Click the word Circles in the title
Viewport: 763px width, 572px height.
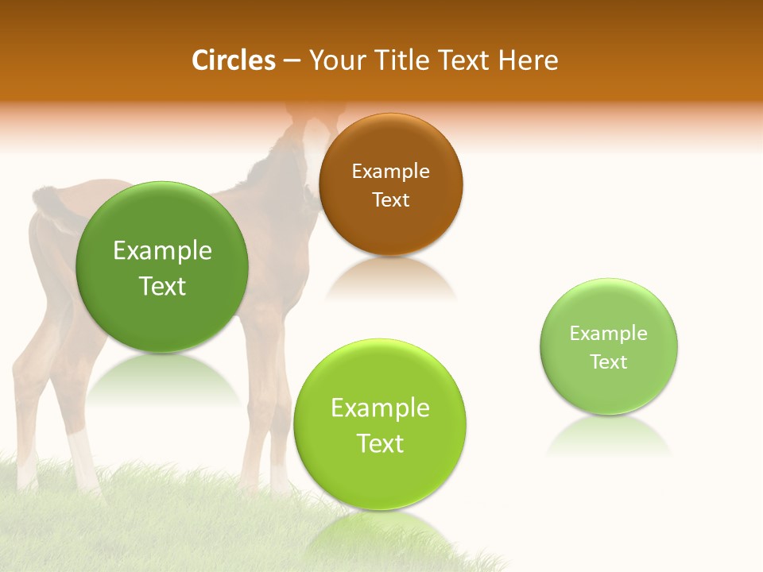coord(234,60)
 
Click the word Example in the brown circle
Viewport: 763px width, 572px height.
coord(390,171)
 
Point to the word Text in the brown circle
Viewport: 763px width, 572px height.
coord(390,199)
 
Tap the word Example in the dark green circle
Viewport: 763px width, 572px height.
coord(162,251)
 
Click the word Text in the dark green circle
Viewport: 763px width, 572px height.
coord(162,286)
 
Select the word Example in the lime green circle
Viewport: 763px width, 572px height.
coord(380,408)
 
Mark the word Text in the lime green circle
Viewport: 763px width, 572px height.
coord(380,443)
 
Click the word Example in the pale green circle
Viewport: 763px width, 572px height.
coord(609,333)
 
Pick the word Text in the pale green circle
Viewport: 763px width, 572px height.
coord(609,361)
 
